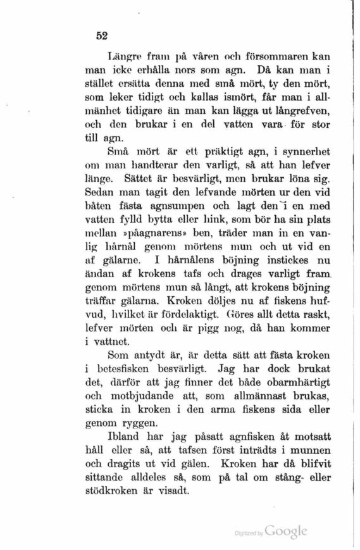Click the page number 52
tap(101, 36)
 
